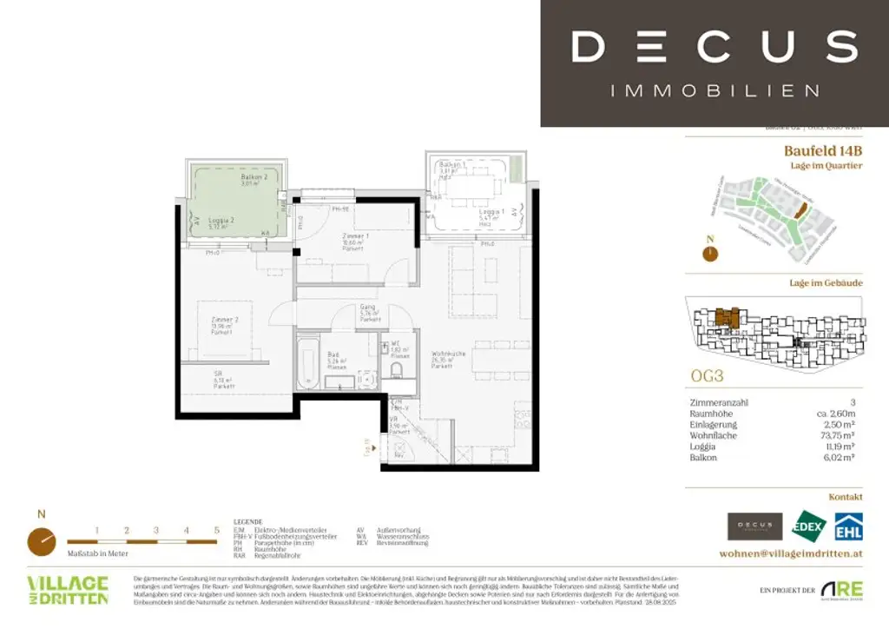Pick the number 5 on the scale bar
pyautogui.click(x=216, y=529)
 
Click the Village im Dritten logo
pyautogui.click(x=68, y=590)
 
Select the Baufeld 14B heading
pyautogui.click(x=823, y=150)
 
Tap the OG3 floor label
pyautogui.click(x=708, y=378)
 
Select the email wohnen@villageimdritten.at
pyautogui.click(x=791, y=553)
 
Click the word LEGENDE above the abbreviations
pyautogui.click(x=248, y=522)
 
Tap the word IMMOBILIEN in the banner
pyautogui.click(x=714, y=90)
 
